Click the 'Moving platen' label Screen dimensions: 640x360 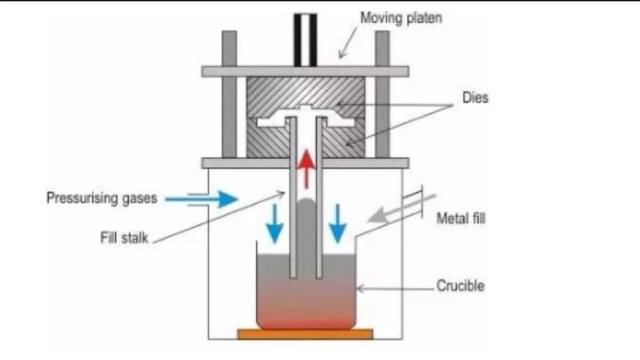pyautogui.click(x=401, y=18)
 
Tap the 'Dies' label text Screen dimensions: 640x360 pyautogui.click(x=475, y=97)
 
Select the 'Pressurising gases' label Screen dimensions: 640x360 pyautogui.click(x=102, y=198)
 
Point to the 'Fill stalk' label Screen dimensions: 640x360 pyautogui.click(x=124, y=238)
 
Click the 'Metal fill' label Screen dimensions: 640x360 pyautogui.click(x=461, y=218)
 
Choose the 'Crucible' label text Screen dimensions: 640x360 pyautogui.click(x=460, y=285)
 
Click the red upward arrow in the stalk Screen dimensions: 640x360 pyautogui.click(x=306, y=169)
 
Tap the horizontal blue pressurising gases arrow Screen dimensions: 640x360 pyautogui.click(x=202, y=199)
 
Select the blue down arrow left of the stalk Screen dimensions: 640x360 pyautogui.click(x=275, y=224)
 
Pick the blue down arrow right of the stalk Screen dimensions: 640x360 pyautogui.click(x=337, y=224)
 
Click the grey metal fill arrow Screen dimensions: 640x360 pyautogui.click(x=401, y=209)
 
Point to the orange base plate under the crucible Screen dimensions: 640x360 pyautogui.click(x=305, y=334)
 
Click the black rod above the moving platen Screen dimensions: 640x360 pyautogui.click(x=305, y=40)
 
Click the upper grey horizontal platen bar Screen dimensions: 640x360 pyautogui.click(x=305, y=72)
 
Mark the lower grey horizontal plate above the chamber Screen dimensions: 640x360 pyautogui.click(x=305, y=163)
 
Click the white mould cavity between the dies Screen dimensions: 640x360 pyautogui.click(x=269, y=122)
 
